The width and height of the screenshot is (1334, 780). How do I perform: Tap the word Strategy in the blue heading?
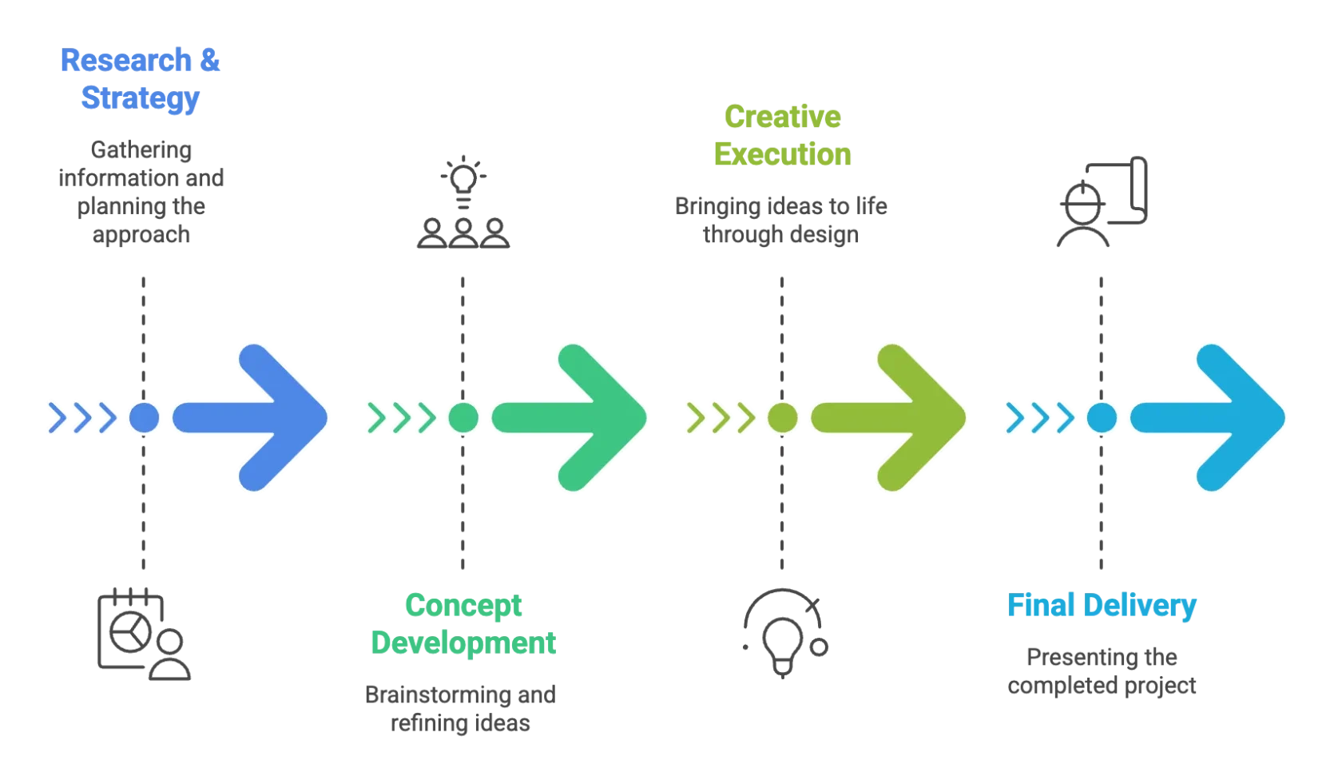click(x=140, y=98)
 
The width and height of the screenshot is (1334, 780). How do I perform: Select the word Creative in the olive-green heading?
click(x=781, y=117)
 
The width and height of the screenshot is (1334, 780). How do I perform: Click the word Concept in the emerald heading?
click(x=463, y=605)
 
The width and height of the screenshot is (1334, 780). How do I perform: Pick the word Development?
click(x=463, y=642)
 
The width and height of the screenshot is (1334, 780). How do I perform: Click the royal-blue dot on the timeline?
click(x=144, y=417)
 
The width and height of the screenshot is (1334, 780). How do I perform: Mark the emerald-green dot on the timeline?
click(x=463, y=417)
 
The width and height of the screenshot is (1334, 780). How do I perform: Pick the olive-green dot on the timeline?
click(x=783, y=417)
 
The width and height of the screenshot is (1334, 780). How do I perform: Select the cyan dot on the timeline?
click(x=1102, y=417)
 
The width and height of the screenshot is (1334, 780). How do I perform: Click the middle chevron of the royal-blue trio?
click(x=82, y=417)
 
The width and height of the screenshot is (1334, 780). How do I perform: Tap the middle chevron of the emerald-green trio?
click(x=402, y=417)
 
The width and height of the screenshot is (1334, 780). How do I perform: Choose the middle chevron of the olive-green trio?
click(x=721, y=417)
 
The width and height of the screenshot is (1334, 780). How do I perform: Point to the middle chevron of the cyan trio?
click(x=1040, y=417)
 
